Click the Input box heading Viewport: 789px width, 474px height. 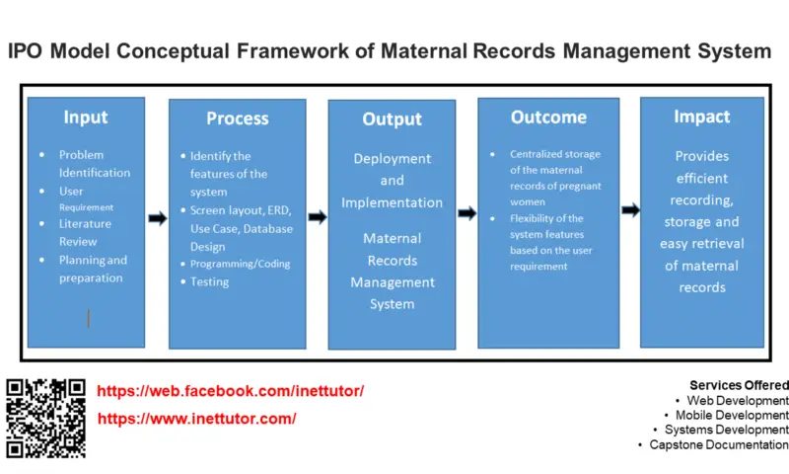coord(86,117)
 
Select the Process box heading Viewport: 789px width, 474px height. coord(237,118)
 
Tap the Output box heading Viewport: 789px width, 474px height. coord(392,118)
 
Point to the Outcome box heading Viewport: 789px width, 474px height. coord(548,117)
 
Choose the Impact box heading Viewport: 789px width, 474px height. coord(701,117)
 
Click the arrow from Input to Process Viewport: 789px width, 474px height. coord(157,218)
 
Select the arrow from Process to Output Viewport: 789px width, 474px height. coord(317,217)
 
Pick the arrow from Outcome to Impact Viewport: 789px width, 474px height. coord(629,209)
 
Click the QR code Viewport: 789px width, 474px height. coord(45,418)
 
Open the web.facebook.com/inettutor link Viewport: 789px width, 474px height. coord(231,391)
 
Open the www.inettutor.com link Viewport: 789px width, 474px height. coord(197,419)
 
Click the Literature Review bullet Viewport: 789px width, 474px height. coord(85,232)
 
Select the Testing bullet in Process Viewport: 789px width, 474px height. coord(209,281)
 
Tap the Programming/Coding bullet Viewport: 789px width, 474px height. coord(240,264)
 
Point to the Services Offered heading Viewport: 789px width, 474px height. coord(738,385)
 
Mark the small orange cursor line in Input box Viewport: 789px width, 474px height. coord(89,318)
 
